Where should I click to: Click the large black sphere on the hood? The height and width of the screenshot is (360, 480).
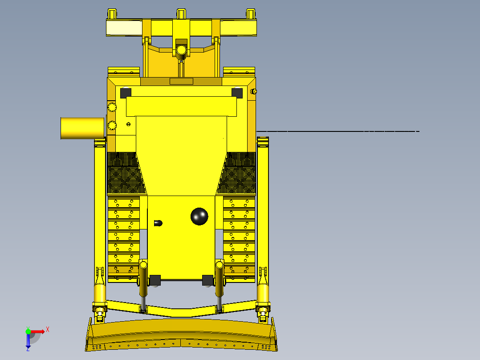pyautogui.click(x=199, y=216)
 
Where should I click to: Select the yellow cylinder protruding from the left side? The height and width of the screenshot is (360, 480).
pyautogui.click(x=82, y=128)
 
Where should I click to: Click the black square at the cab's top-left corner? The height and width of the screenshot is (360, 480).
pyautogui.click(x=126, y=93)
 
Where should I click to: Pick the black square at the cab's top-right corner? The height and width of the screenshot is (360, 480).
pyautogui.click(x=237, y=93)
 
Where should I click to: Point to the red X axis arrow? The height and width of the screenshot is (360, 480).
pyautogui.click(x=41, y=331)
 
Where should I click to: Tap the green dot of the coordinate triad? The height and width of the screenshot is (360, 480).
pyautogui.click(x=28, y=331)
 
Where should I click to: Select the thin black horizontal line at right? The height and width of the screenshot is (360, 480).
pyautogui.click(x=338, y=131)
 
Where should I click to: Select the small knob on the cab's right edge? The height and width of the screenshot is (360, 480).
pyautogui.click(x=254, y=92)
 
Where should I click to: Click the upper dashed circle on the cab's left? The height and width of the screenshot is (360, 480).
pyautogui.click(x=112, y=107)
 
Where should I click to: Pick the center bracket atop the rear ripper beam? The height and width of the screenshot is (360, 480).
pyautogui.click(x=181, y=14)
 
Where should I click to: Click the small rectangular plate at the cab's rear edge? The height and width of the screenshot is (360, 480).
pyautogui.click(x=181, y=81)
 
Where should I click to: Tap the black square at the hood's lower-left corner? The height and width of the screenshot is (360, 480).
pyautogui.click(x=155, y=280)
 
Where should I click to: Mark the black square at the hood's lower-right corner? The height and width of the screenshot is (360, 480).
pyautogui.click(x=207, y=280)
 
